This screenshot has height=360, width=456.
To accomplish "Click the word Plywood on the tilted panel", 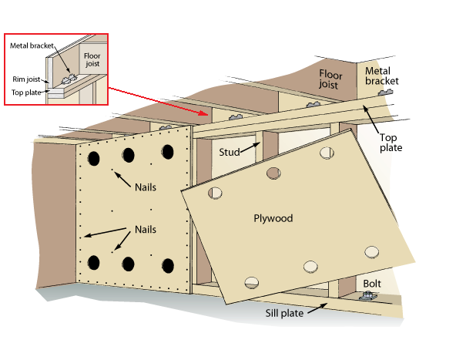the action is click(273, 219).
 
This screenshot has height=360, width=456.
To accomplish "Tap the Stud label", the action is click(230, 152).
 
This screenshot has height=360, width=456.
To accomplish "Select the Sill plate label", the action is click(284, 313).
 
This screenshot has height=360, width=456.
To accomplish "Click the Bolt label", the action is click(372, 284).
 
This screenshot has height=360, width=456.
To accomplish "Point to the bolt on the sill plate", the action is click(367, 297).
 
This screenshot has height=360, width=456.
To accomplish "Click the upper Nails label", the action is click(146, 187).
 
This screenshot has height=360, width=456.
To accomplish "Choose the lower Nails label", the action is click(146, 229).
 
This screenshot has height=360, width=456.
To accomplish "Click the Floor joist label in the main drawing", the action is click(330, 79).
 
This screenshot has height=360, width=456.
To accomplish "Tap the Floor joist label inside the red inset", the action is click(92, 59).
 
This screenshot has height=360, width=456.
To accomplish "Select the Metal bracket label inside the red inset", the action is click(32, 45).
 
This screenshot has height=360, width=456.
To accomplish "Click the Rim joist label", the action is click(26, 79).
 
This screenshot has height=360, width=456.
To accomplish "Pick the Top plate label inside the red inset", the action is click(26, 93).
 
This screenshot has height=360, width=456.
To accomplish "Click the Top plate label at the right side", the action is click(391, 143).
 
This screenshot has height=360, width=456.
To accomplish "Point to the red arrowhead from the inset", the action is click(203, 113).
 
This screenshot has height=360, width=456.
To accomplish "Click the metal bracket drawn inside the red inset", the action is click(69, 79).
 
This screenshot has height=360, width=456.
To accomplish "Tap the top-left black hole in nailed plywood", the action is click(94, 159).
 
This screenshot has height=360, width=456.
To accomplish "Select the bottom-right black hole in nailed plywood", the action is click(168, 266).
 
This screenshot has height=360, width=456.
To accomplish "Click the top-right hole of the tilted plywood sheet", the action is click(327, 153).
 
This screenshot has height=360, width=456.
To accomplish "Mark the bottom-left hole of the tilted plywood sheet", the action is click(252, 283).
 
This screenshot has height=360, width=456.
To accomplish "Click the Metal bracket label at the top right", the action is click(381, 76).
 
